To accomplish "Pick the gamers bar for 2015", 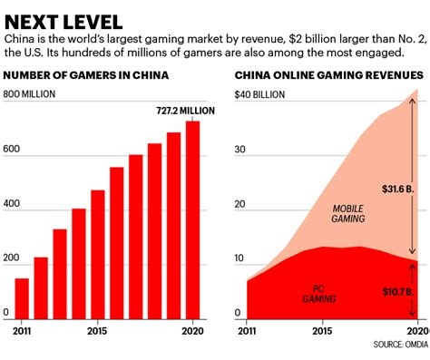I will click(x=98, y=254).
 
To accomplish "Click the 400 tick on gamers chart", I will click(x=12, y=206).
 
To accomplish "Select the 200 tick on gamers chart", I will click(x=12, y=259).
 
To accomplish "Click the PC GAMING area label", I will click(x=318, y=293).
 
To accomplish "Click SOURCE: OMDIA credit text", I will click(x=399, y=345).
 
